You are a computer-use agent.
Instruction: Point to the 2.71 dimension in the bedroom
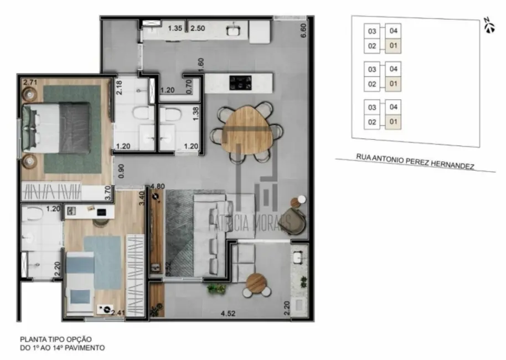29,84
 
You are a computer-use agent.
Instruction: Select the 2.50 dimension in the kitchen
198,28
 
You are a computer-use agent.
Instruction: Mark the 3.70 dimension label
109,192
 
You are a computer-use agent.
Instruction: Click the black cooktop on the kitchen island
242,84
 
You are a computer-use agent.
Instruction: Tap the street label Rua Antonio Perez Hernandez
416,162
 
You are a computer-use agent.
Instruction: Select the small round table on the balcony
256,282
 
